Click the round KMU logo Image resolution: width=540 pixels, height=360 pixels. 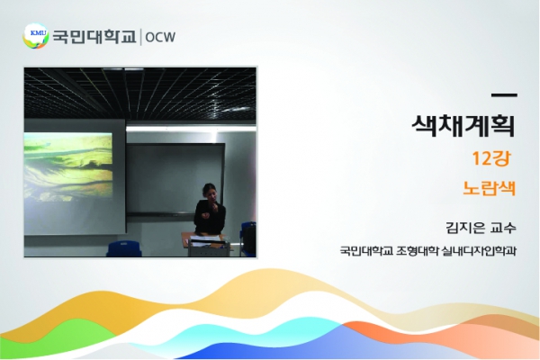[35, 36]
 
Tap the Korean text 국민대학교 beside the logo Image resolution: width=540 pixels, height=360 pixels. [94, 37]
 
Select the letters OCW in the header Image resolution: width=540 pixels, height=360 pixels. [160, 37]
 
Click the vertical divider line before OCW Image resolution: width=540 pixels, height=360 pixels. [141, 37]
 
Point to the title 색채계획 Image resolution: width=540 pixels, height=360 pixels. [463, 126]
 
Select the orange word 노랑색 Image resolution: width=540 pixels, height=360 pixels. [489, 188]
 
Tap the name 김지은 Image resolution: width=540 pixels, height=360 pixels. [465, 228]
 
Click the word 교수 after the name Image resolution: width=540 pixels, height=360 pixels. [503, 228]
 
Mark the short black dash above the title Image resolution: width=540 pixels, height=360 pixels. [504, 95]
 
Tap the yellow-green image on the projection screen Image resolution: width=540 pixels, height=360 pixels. [68, 166]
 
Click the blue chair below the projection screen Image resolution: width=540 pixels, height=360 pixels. [124, 248]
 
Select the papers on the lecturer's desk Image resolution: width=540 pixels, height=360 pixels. [205, 239]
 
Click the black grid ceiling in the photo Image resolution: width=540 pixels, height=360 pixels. [139, 93]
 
